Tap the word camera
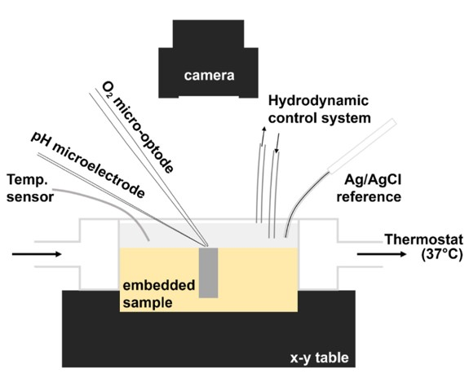pyautogui.click(x=209, y=76)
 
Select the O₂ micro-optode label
pyautogui.click(x=137, y=127)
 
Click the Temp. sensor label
pyautogui.click(x=30, y=188)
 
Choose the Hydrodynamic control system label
pyautogui.click(x=320, y=109)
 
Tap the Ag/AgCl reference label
pyautogui.click(x=369, y=188)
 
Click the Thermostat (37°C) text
pyautogui.click(x=424, y=247)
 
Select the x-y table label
pyautogui.click(x=320, y=358)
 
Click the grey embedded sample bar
pyautogui.click(x=209, y=273)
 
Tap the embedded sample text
pyautogui.click(x=159, y=294)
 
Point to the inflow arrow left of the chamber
pyautogui.click(x=37, y=254)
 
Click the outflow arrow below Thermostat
pyautogui.click(x=382, y=254)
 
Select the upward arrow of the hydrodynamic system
pyautogui.click(x=263, y=136)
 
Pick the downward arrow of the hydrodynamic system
pyautogui.click(x=277, y=143)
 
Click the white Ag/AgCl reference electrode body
pyautogui.click(x=362, y=146)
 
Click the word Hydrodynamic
pyautogui.click(x=318, y=101)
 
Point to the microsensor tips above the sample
pyautogui.click(x=206, y=244)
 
